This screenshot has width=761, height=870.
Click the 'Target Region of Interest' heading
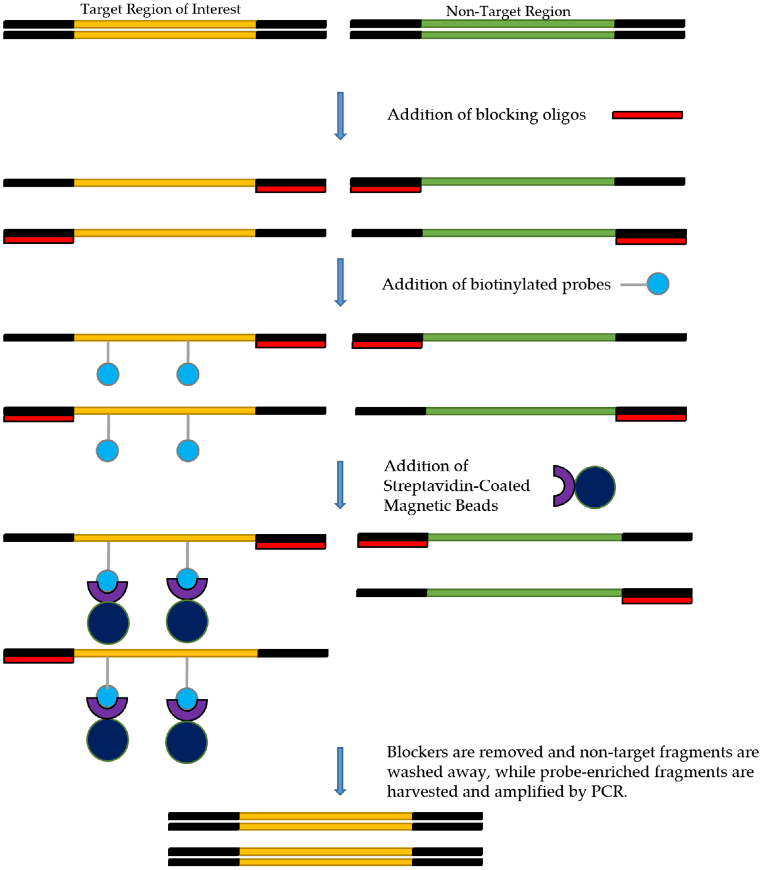[161, 9]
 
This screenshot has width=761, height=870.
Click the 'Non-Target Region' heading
[508, 12]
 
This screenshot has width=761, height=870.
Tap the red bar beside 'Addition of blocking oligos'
[647, 115]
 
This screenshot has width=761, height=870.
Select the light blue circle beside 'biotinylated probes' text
[658, 284]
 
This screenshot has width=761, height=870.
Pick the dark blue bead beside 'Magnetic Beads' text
[595, 487]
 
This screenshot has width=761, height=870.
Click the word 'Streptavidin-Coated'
[457, 486]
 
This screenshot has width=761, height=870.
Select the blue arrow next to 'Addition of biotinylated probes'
[340, 282]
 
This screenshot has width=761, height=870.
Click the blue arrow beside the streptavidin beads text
[340, 484]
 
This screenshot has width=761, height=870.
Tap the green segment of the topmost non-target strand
[517, 24]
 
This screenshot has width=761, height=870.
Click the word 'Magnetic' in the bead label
[415, 505]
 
